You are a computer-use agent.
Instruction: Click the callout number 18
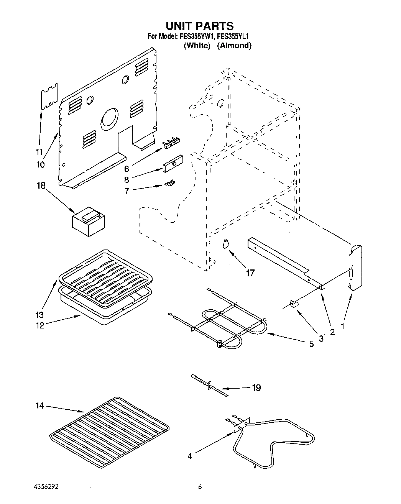click(x=41, y=186)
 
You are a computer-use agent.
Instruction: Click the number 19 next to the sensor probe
click(x=256, y=388)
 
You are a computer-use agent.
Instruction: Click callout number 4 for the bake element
click(x=189, y=456)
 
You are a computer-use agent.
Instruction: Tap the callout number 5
click(x=311, y=344)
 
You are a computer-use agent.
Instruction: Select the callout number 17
click(x=250, y=273)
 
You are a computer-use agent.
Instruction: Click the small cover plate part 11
click(x=49, y=96)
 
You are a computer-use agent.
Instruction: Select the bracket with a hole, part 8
click(x=173, y=164)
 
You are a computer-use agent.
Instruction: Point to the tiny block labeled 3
click(x=294, y=304)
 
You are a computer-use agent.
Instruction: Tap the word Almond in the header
click(x=234, y=46)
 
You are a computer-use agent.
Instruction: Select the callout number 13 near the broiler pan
click(x=39, y=315)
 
